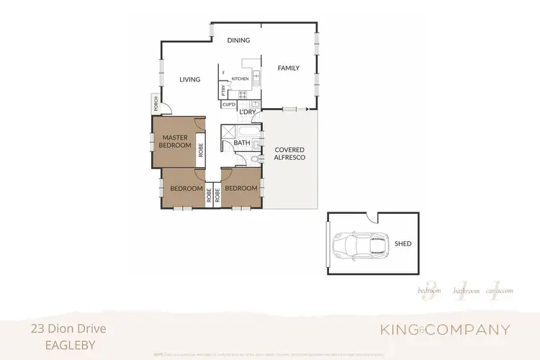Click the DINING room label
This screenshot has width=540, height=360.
coord(238,41)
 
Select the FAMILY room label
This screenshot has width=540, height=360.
coord(289,68)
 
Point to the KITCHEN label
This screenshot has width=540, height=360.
coord(240,78)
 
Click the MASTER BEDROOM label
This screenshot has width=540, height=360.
coord(176,141)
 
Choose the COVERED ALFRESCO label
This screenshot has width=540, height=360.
coord(289,153)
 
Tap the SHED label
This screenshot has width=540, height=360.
coord(403,244)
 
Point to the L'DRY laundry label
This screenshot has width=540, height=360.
coord(248,112)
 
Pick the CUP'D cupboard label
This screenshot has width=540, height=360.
coord(230,104)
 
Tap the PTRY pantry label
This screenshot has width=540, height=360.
coord(224,91)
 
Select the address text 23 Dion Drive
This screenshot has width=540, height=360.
coord(68,328)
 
